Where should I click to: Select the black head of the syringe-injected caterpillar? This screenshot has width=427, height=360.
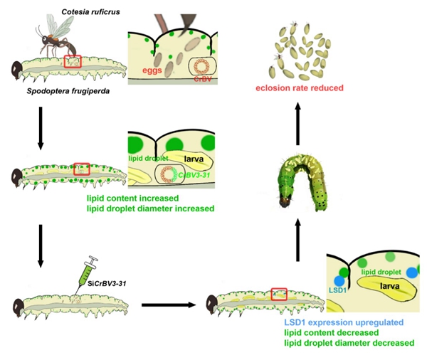17,308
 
